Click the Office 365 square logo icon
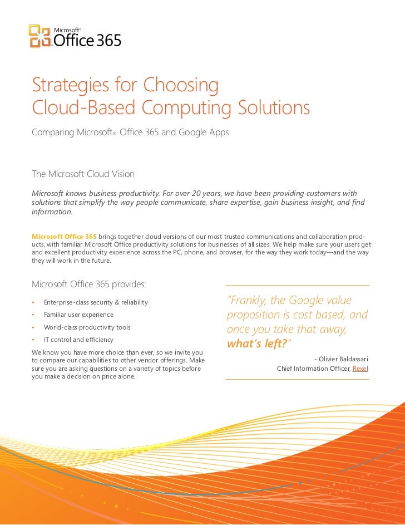coord(40,36)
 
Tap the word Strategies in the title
coord(70,85)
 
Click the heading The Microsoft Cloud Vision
coord(83,174)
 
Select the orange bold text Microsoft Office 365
coord(65,237)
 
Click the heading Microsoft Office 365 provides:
coord(89,284)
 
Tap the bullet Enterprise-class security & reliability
coord(96,302)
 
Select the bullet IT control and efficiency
coord(78,340)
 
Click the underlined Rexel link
coord(360,369)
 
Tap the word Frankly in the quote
coord(248,301)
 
